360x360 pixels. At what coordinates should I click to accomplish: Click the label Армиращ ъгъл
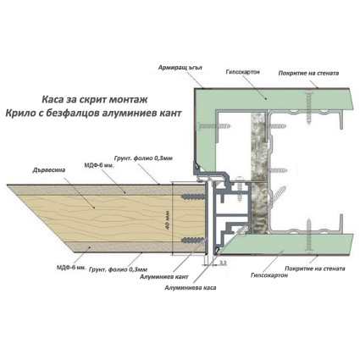[180, 68]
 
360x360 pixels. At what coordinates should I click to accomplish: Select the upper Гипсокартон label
[243, 72]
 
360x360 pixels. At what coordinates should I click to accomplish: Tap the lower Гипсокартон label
[269, 275]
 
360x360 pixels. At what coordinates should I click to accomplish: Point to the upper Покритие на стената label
[308, 73]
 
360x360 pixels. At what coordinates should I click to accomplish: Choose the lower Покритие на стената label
[315, 269]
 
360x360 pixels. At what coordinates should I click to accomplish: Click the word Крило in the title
[18, 114]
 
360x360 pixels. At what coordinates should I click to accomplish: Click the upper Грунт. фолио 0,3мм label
[143, 158]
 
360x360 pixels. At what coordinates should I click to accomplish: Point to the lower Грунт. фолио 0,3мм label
[118, 269]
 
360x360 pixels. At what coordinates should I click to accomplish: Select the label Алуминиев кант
[164, 277]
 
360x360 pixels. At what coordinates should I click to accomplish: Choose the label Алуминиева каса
[191, 288]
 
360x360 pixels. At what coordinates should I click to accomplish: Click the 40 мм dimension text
[168, 220]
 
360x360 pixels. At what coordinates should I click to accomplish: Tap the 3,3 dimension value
[222, 263]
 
